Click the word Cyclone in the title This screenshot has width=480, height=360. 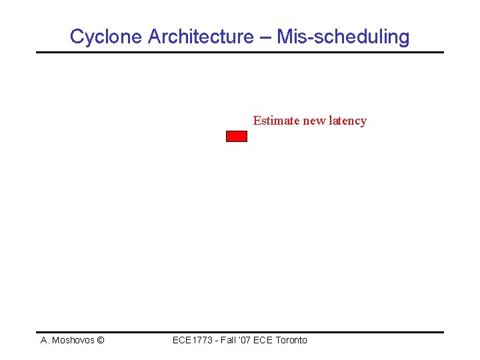click(x=106, y=37)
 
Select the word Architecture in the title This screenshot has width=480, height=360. click(x=200, y=37)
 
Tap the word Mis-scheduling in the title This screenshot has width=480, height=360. click(x=343, y=37)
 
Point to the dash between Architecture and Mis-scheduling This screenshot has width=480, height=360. click(x=265, y=37)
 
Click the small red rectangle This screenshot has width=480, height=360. click(x=237, y=137)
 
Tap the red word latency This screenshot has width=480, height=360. click(x=347, y=121)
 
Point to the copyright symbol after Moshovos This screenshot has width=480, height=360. click(x=100, y=340)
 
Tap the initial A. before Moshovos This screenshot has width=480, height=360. click(x=45, y=340)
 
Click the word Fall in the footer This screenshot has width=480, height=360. click(x=228, y=340)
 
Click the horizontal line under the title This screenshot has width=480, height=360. click(x=240, y=52)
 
